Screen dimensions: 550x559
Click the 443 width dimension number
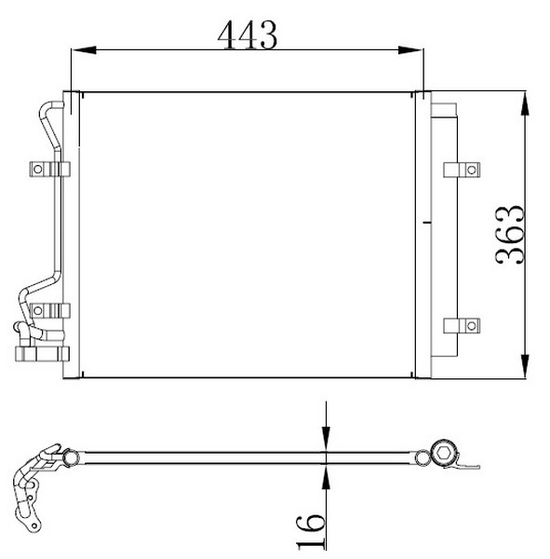click(x=248, y=34)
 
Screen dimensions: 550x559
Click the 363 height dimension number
click(x=510, y=235)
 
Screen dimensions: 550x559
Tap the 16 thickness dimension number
click(x=311, y=531)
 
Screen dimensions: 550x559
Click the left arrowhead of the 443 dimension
click(x=84, y=50)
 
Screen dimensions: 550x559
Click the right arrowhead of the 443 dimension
click(x=410, y=50)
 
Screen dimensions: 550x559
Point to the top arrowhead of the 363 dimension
click(x=525, y=103)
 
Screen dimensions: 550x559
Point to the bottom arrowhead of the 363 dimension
click(x=525, y=366)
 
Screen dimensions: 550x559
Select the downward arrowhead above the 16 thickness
click(x=326, y=439)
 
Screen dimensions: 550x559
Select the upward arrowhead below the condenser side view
click(x=326, y=477)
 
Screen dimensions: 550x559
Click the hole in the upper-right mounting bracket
click(x=471, y=170)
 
